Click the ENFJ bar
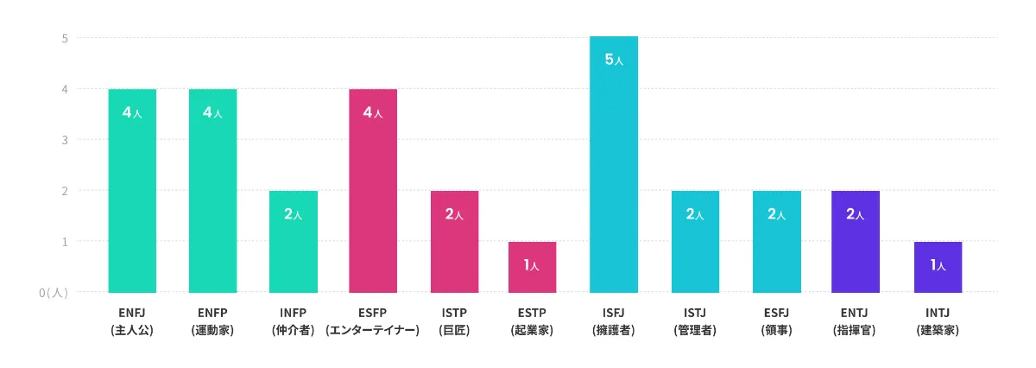[x=132, y=191]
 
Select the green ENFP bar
[x=212, y=191]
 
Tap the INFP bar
[x=294, y=242]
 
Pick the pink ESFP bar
[x=373, y=191]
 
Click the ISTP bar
[x=454, y=242]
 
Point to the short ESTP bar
[x=532, y=267]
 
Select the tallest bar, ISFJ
[x=614, y=164]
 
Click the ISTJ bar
[x=695, y=242]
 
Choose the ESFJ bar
[x=776, y=242]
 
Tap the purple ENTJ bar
[x=856, y=242]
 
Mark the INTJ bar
[x=938, y=267]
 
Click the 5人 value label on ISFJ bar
[x=614, y=60]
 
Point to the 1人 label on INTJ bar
[x=938, y=265]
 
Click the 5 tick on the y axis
[x=65, y=38]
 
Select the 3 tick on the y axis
[x=65, y=139]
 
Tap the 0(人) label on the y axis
[x=54, y=293]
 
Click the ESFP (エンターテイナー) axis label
[x=373, y=320]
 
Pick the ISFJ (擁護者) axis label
[x=614, y=320]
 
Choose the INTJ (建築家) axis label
[x=938, y=320]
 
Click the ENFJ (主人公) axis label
[x=132, y=320]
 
